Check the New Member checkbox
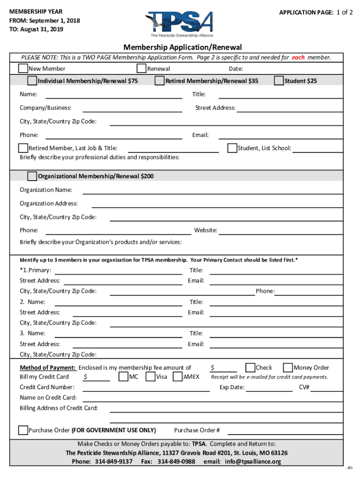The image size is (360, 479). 23,69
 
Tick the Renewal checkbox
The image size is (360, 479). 142,69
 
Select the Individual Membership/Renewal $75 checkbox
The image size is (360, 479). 32,81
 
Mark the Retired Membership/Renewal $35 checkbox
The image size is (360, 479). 159,81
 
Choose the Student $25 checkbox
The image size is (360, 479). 279,81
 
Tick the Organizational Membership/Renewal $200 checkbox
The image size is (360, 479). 32,176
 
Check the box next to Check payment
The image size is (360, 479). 250,367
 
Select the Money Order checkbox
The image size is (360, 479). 288,367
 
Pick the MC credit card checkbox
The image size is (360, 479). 123,377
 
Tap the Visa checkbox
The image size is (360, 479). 151,377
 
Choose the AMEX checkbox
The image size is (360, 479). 178,377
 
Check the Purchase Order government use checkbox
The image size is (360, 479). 23,430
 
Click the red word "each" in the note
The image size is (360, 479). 298,58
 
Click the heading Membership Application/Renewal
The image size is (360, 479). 182,47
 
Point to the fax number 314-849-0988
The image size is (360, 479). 176,462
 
